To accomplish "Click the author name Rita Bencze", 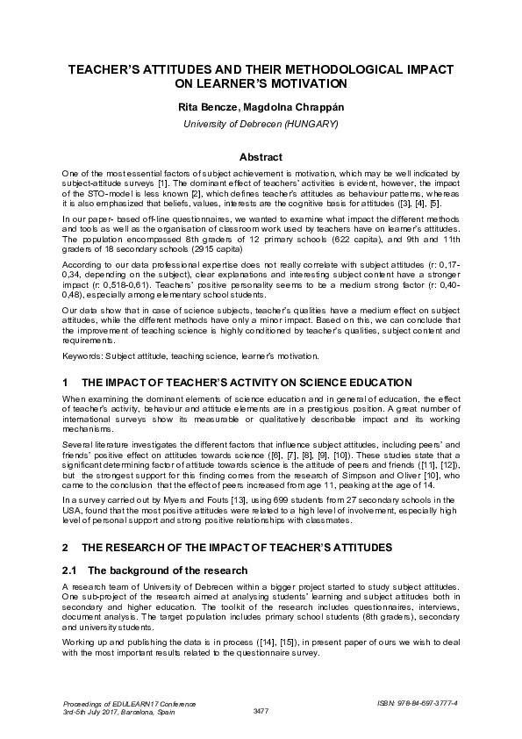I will click(208, 106).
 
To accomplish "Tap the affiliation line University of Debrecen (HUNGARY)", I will click(261, 125).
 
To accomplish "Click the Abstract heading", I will click(261, 157).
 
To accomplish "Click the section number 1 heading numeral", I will click(65, 384).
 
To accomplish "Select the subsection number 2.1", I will click(70, 570).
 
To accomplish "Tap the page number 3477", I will click(261, 710).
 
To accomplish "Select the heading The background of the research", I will click(167, 570).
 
